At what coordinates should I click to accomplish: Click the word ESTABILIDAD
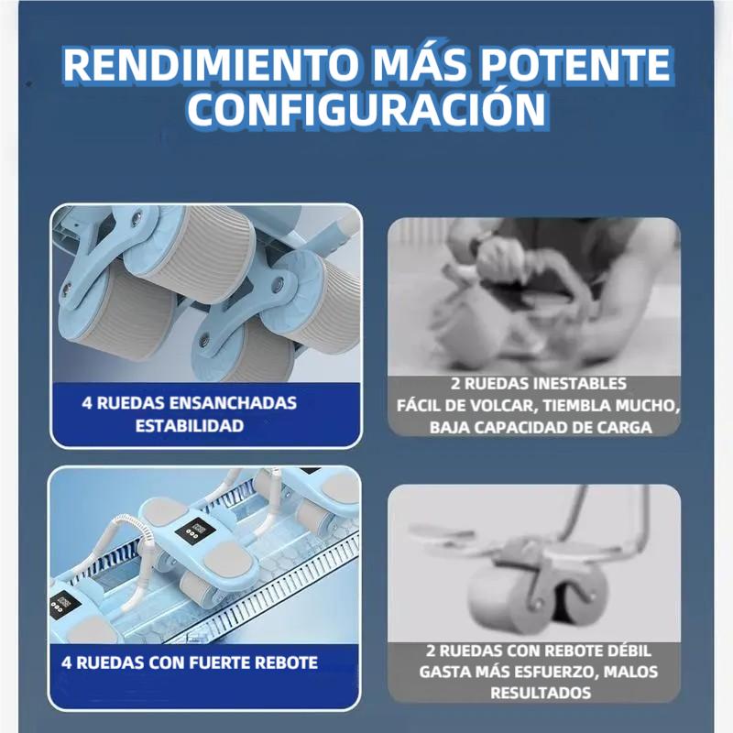tap(190, 425)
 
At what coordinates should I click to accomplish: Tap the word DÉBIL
tap(625, 651)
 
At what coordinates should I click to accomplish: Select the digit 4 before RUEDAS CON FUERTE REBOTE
tap(67, 662)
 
